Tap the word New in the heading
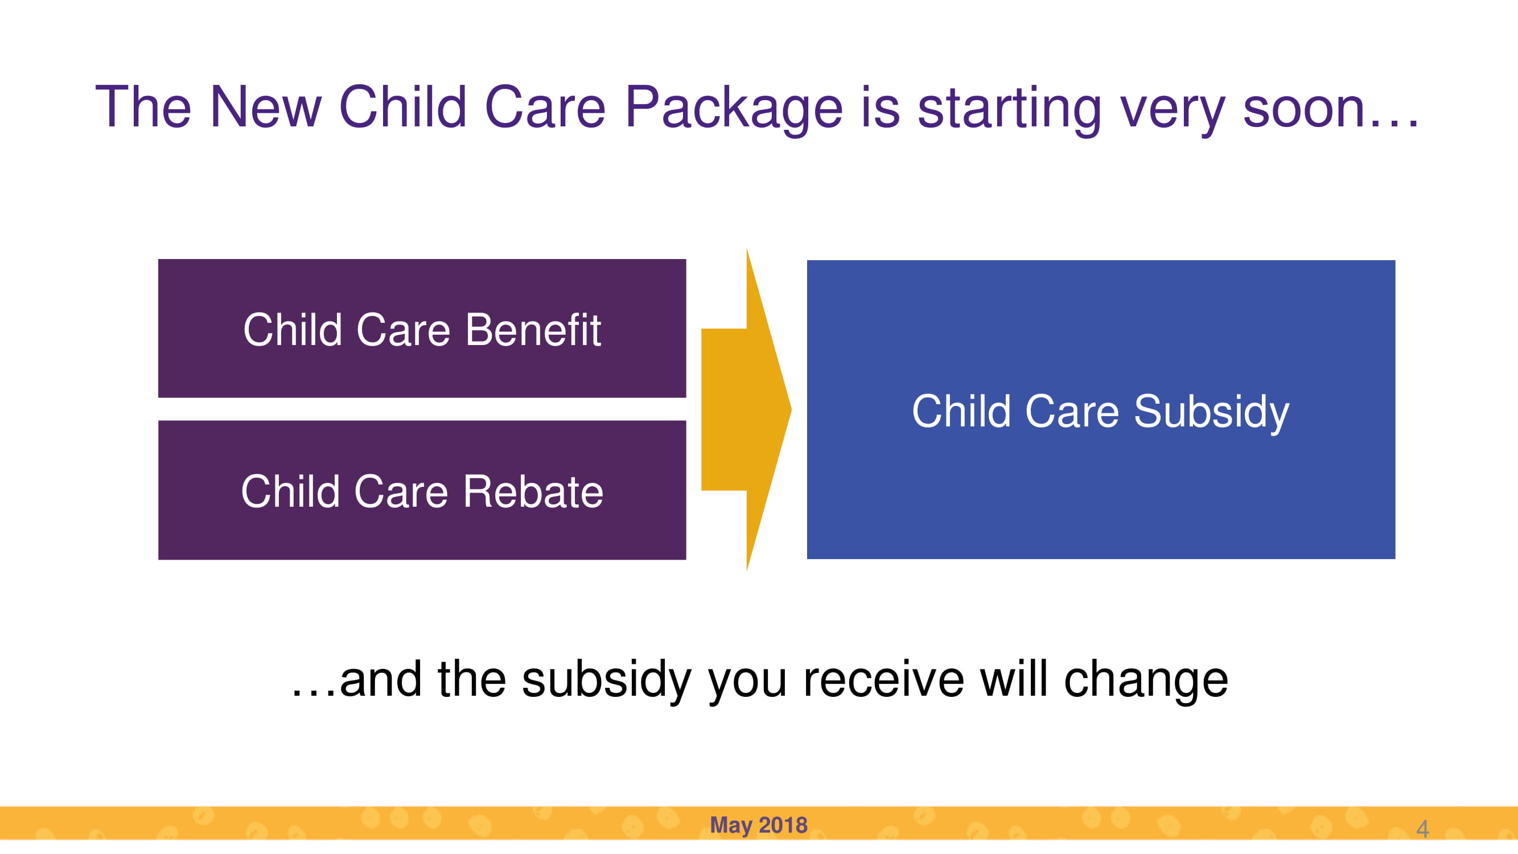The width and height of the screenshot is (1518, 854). (x=266, y=106)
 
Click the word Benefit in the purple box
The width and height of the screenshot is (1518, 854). (x=533, y=330)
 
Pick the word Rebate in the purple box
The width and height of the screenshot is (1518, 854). (x=533, y=491)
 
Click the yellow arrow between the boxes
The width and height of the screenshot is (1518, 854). (x=746, y=409)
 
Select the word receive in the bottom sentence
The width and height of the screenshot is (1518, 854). (x=883, y=679)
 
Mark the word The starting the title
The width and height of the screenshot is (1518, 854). (x=143, y=106)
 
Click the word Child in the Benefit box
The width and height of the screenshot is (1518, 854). (x=293, y=330)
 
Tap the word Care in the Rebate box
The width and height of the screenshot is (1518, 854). (x=401, y=491)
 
